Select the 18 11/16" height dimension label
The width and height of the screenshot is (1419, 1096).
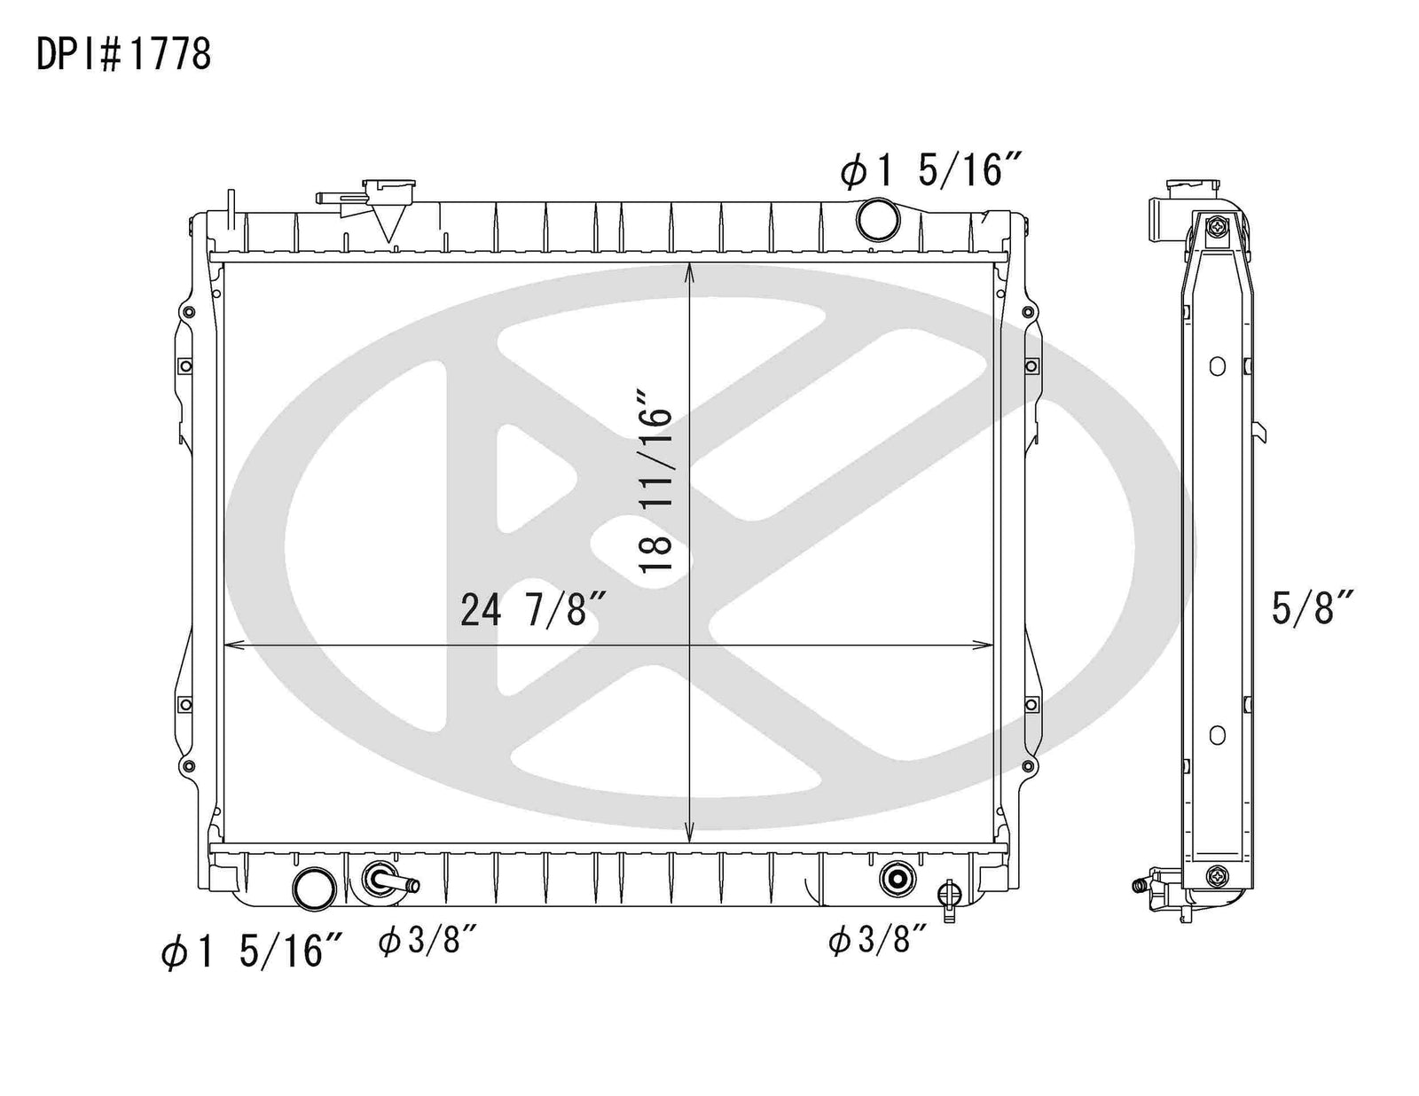click(x=655, y=481)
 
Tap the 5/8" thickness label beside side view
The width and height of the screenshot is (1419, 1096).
click(x=1312, y=607)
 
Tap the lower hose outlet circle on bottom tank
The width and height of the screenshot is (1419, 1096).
click(x=316, y=888)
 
